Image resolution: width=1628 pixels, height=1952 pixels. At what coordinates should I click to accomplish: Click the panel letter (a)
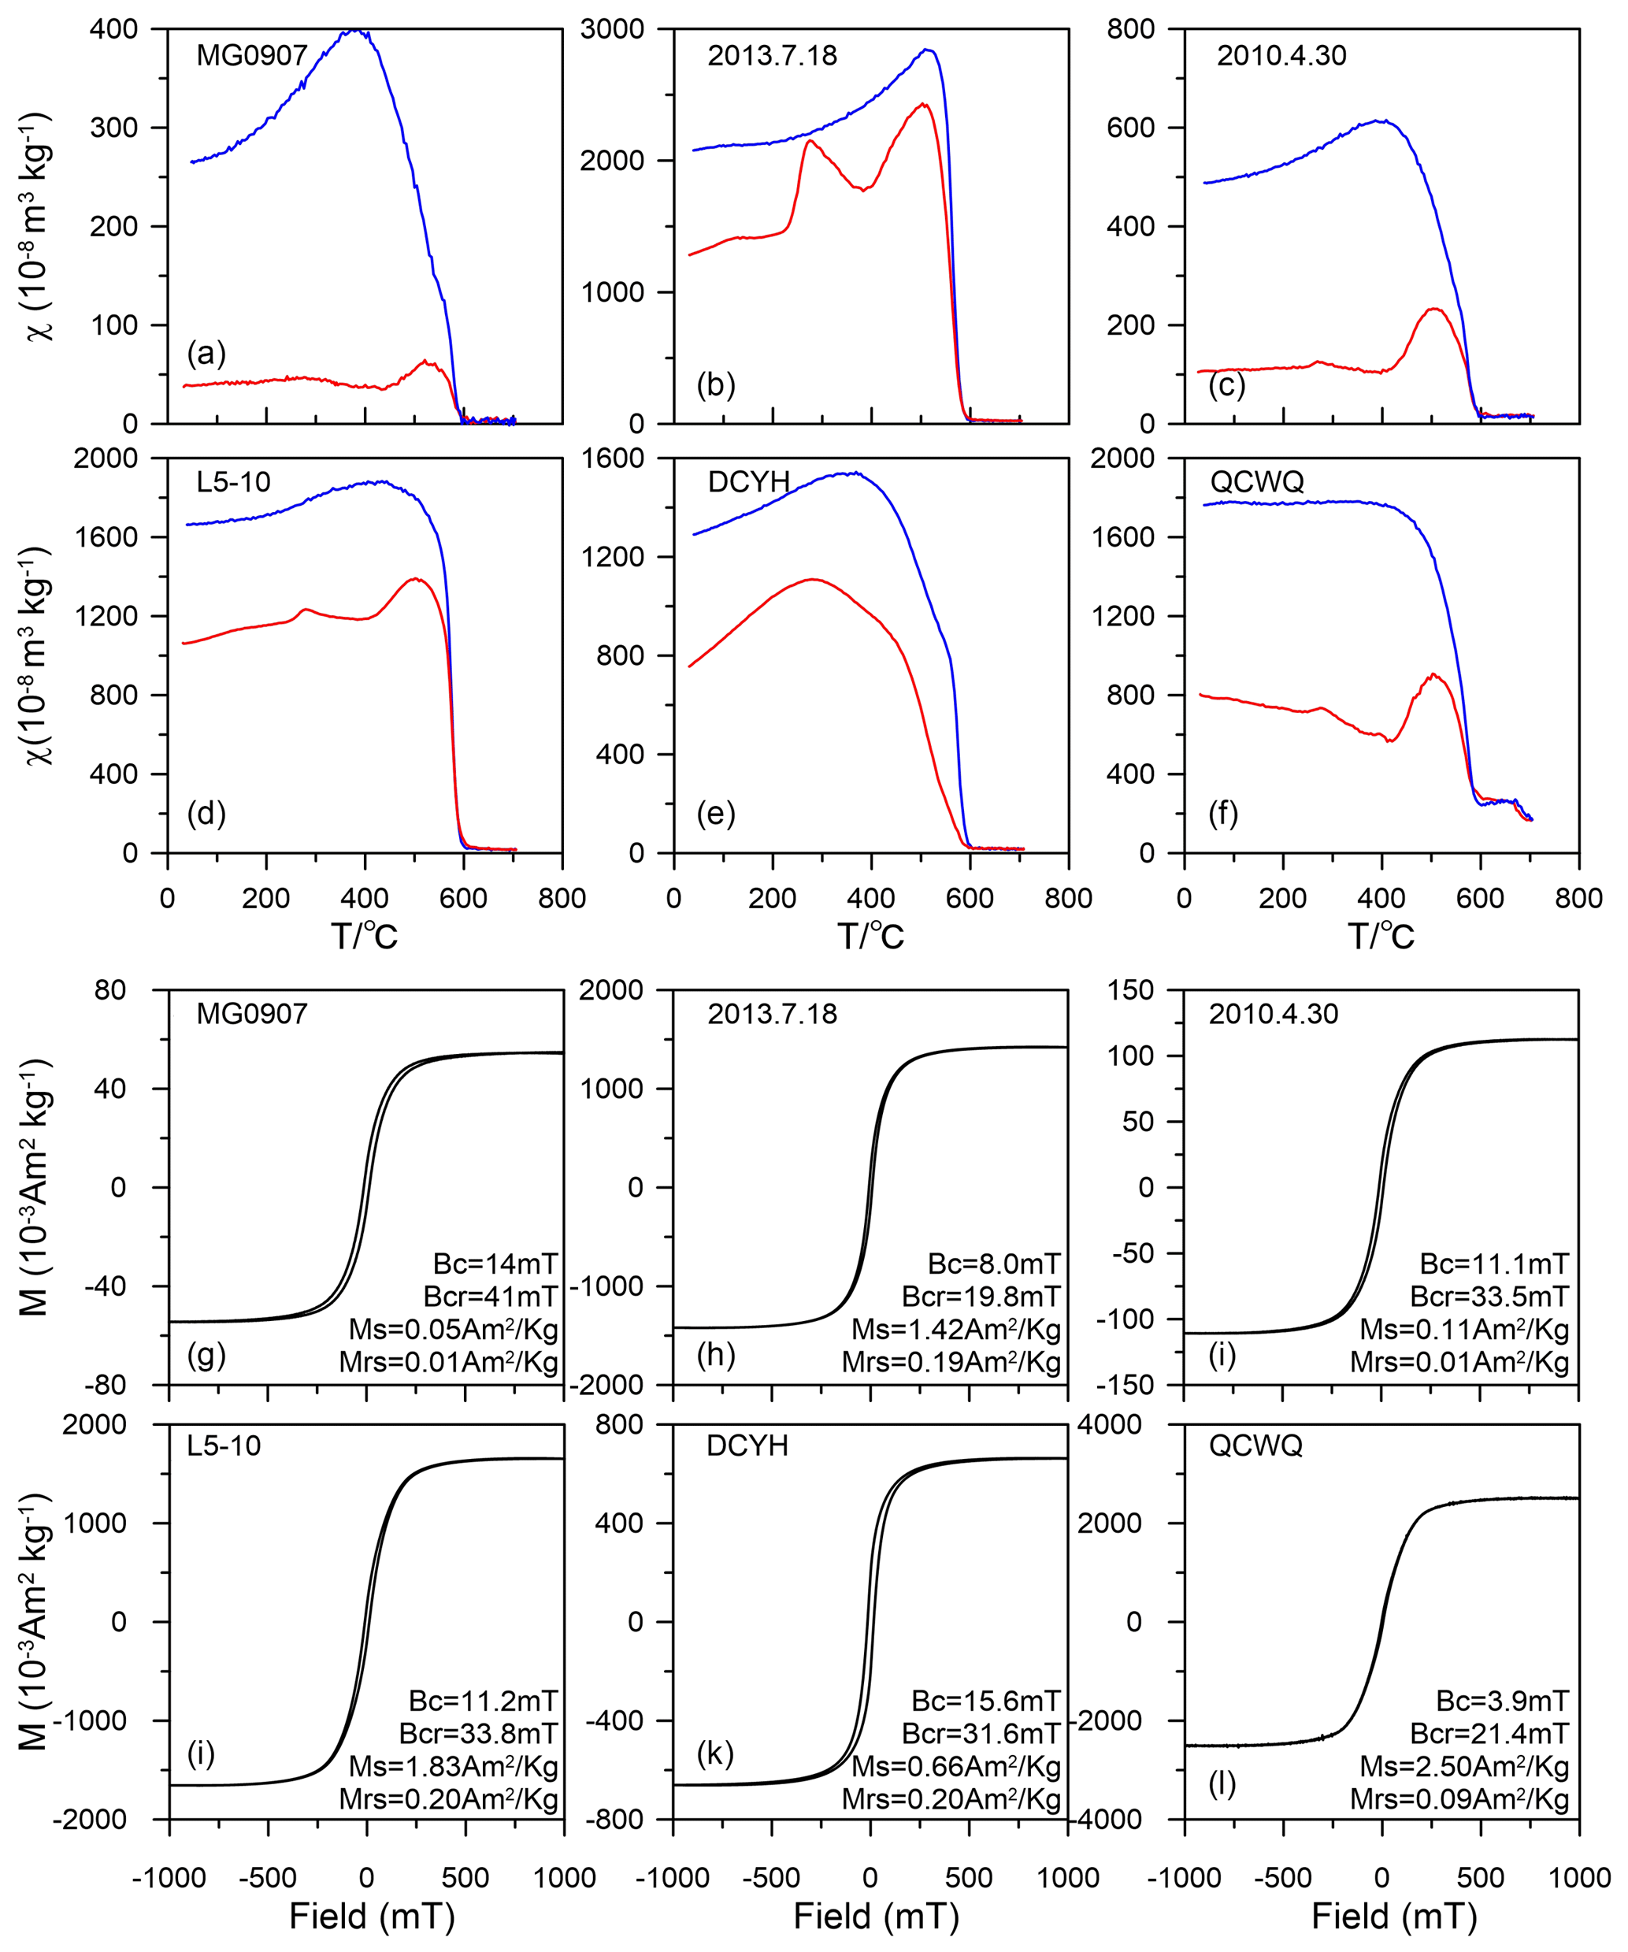pos(206,354)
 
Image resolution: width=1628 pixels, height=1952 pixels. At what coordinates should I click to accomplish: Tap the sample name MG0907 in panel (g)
pos(252,1013)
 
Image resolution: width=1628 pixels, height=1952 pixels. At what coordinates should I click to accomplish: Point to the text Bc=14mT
pos(495,1264)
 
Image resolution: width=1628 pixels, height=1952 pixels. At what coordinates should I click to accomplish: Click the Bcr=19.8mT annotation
pos(981,1297)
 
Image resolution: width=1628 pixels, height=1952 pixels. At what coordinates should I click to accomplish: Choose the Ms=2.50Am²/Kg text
pos(1463,1767)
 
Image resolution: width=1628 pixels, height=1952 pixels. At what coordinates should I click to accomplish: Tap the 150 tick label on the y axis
pos(1130,990)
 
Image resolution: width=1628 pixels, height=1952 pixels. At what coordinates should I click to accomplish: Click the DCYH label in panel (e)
pos(748,481)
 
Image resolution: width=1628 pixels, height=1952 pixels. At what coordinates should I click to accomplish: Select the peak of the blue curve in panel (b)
pos(926,50)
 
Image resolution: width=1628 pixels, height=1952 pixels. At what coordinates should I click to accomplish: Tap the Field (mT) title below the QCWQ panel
pos(1394,1917)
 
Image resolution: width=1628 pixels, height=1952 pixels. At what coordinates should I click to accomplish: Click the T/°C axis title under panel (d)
pos(364,936)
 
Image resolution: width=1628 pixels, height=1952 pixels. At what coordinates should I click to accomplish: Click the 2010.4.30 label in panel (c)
pos(1281,56)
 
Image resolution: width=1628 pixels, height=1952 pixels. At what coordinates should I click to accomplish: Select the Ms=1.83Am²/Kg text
pos(453,1767)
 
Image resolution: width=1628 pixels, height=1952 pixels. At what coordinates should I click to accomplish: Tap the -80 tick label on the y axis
pos(110,1385)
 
